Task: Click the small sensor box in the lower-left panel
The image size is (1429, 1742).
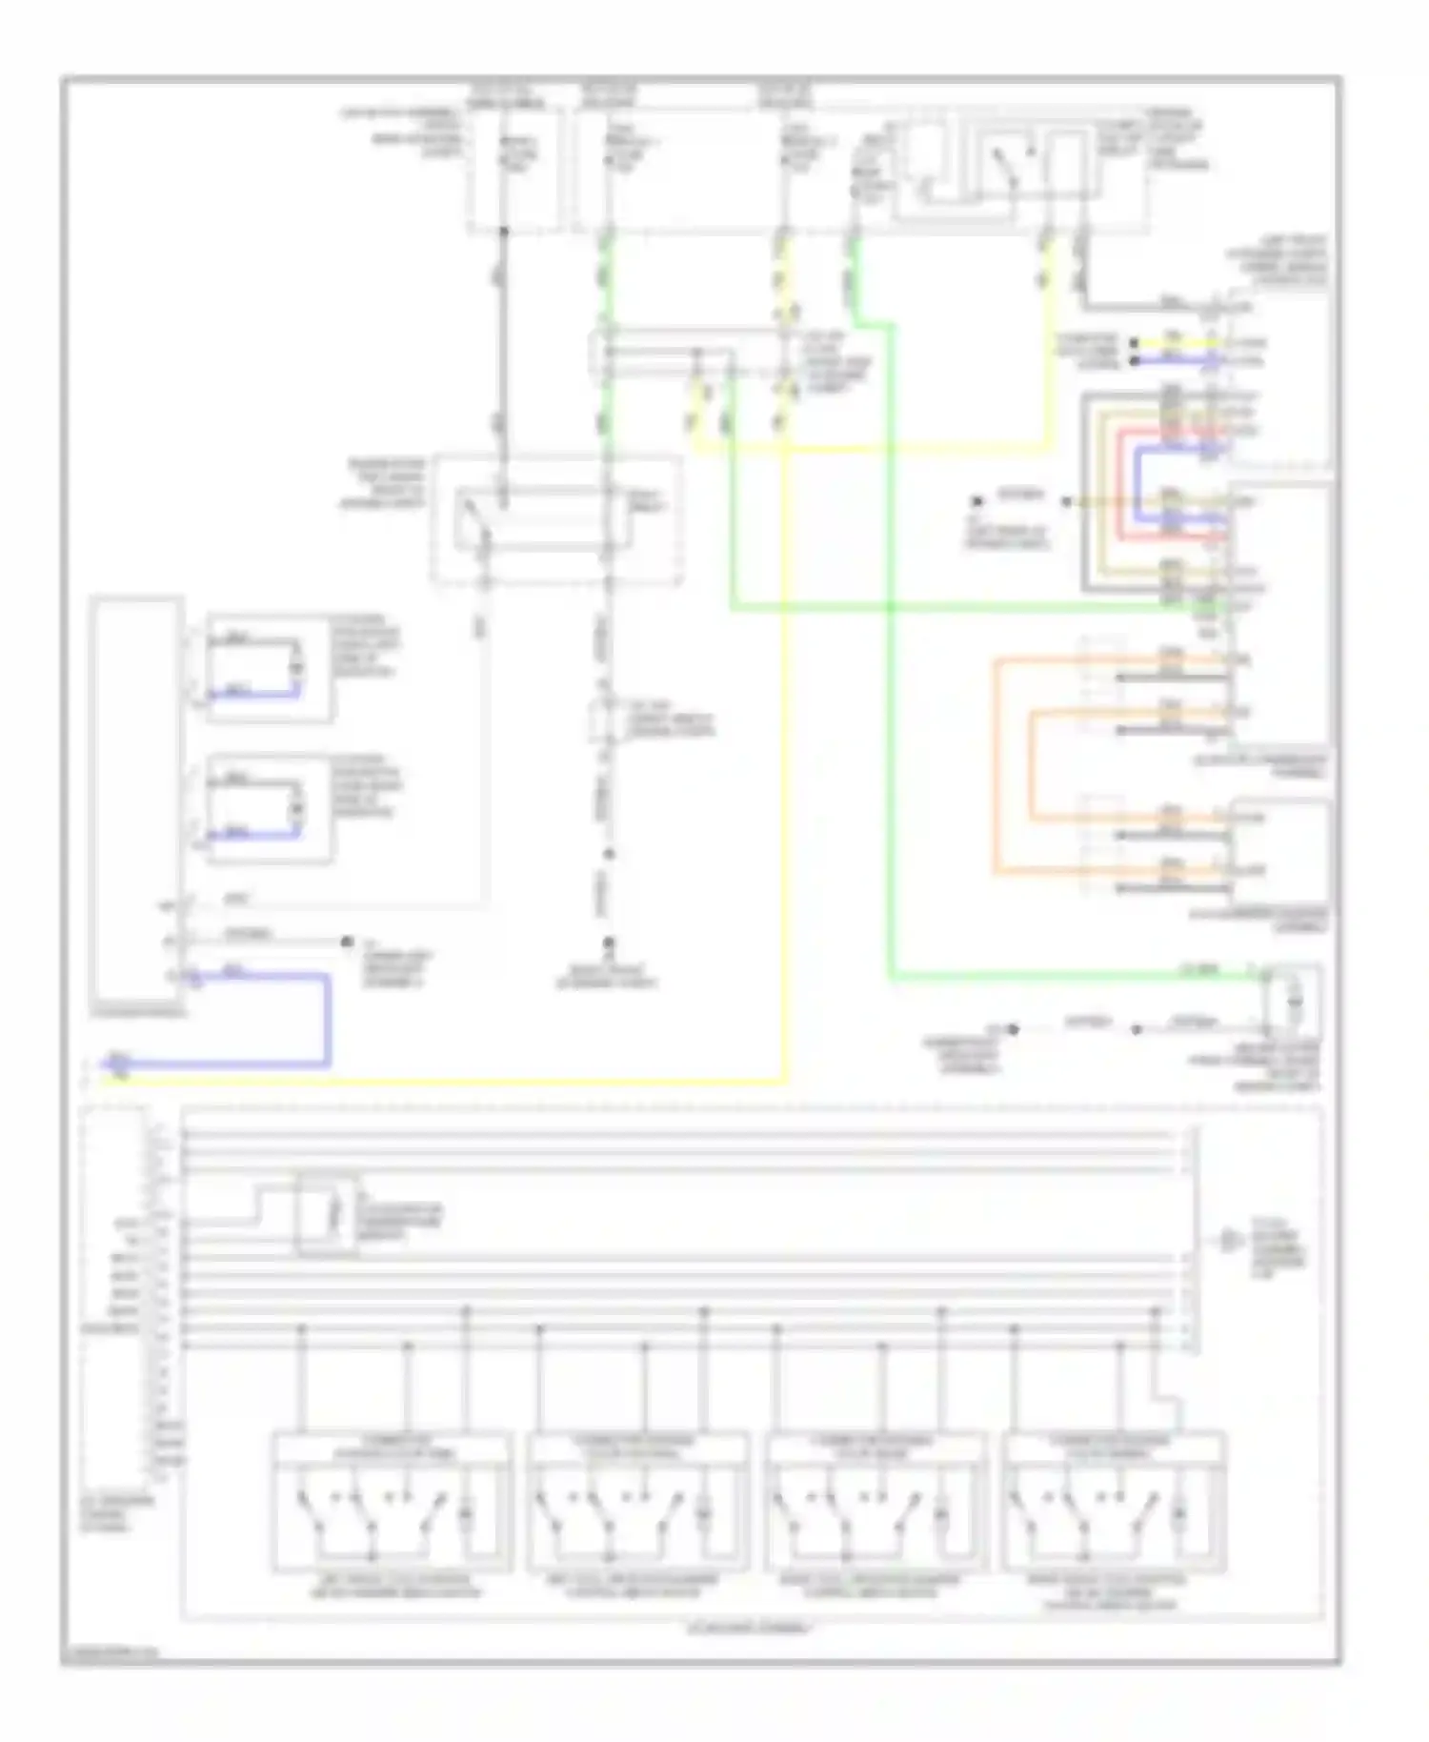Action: [x=328, y=1215]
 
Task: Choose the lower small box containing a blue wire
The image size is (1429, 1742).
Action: [x=271, y=809]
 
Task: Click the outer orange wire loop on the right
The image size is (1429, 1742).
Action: [x=996, y=762]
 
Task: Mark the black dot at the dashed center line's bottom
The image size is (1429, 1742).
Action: [x=608, y=942]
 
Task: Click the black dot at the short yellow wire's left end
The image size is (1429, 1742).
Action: [x=1135, y=342]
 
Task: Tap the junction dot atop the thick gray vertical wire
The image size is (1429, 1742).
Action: [x=504, y=232]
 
